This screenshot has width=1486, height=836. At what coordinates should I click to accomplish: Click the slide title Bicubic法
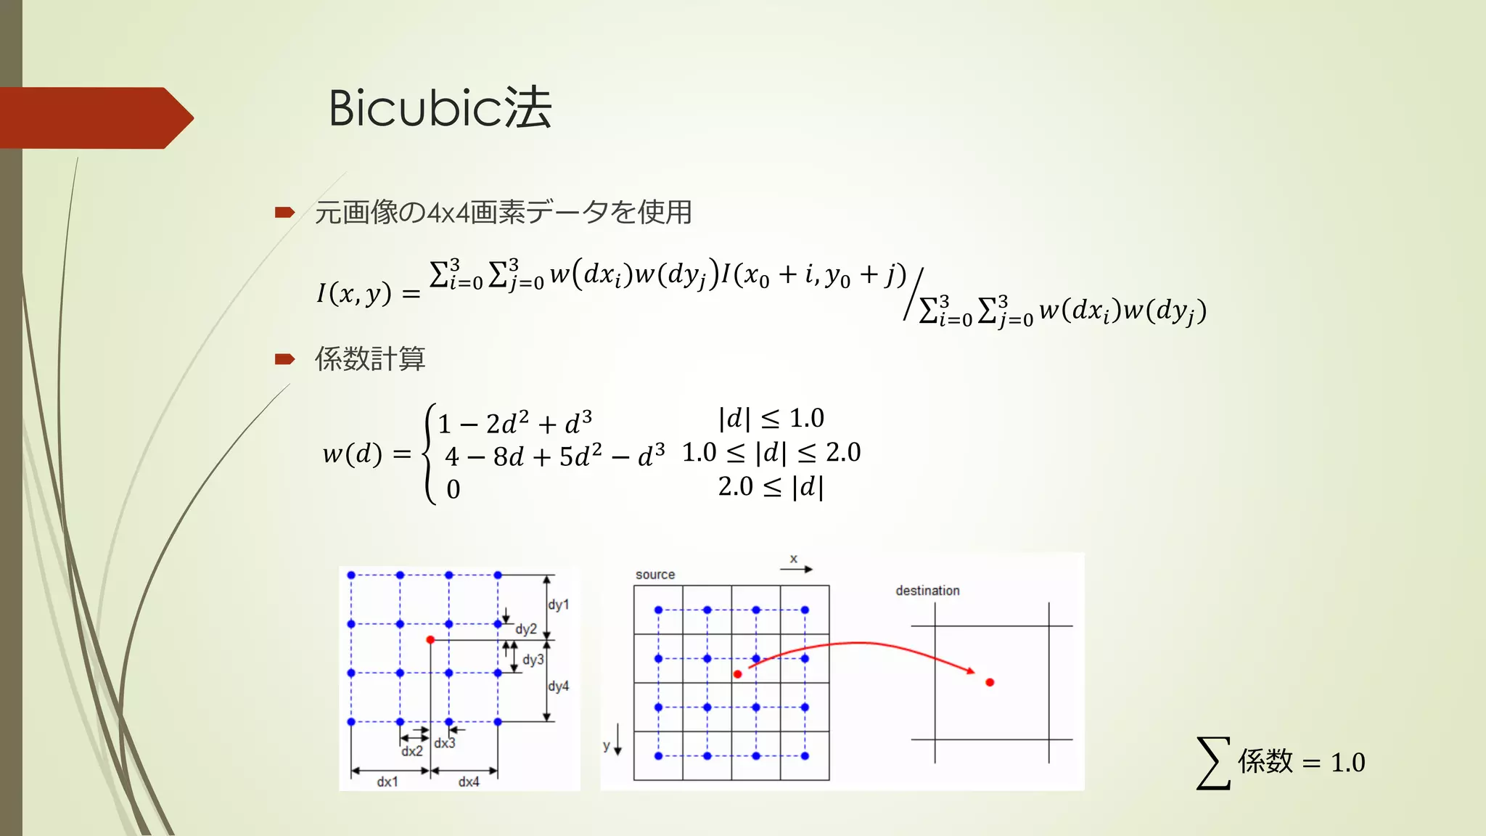click(440, 108)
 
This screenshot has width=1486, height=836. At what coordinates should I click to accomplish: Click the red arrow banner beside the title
click(94, 118)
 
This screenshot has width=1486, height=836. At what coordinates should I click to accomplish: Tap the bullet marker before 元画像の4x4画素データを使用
click(284, 213)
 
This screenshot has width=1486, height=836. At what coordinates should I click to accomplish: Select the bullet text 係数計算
click(369, 358)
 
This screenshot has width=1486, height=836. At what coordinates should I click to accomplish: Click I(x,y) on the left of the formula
click(353, 293)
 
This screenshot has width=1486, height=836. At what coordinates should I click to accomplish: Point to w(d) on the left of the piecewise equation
click(352, 454)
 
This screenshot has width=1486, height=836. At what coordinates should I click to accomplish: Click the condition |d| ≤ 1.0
click(771, 419)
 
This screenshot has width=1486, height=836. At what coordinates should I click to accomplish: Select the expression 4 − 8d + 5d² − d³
click(554, 456)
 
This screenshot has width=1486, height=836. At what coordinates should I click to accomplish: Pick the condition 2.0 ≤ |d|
click(771, 487)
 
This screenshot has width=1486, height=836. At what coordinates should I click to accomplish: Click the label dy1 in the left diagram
click(558, 605)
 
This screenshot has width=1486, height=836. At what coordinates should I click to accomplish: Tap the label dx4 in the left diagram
click(469, 782)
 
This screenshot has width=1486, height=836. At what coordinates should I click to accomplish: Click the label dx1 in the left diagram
click(387, 782)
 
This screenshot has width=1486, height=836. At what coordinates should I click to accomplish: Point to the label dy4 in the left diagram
click(558, 686)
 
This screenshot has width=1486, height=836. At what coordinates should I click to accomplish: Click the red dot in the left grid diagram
click(430, 639)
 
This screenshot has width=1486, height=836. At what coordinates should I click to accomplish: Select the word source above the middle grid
click(654, 575)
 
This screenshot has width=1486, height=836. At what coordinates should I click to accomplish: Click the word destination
click(927, 591)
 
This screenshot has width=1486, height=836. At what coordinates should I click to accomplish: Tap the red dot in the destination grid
click(990, 682)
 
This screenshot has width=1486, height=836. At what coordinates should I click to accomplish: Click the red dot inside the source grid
click(737, 674)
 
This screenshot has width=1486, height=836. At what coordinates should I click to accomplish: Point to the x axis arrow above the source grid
click(796, 568)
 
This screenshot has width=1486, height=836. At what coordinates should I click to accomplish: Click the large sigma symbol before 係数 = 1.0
click(1213, 763)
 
